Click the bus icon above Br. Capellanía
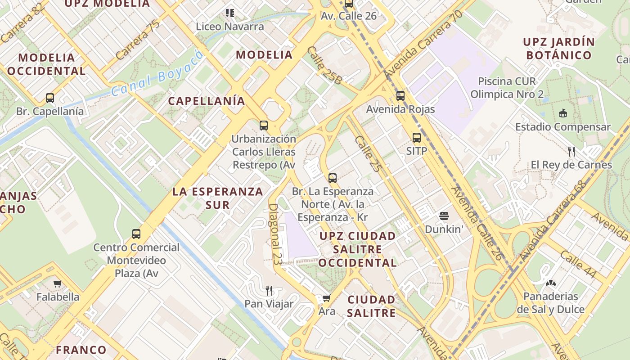pyautogui.click(x=50, y=98)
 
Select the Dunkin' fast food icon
pyautogui.click(x=444, y=216)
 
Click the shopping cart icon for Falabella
pyautogui.click(x=57, y=283)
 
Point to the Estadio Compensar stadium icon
pyautogui.click(x=562, y=113)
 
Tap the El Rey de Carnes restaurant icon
pyautogui.click(x=571, y=151)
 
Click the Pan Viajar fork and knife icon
pyautogui.click(x=269, y=290)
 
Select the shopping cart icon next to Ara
pyautogui.click(x=327, y=298)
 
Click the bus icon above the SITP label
pyautogui.click(x=417, y=138)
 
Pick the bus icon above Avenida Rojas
pyautogui.click(x=400, y=96)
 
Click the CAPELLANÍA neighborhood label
pyautogui.click(x=207, y=101)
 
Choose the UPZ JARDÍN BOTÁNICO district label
pyautogui.click(x=558, y=49)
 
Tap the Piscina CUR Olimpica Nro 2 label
pyautogui.click(x=507, y=88)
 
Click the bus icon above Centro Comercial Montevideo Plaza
pyautogui.click(x=136, y=234)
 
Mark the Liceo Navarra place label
pyautogui.click(x=230, y=27)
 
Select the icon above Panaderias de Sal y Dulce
pyautogui.click(x=549, y=283)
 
